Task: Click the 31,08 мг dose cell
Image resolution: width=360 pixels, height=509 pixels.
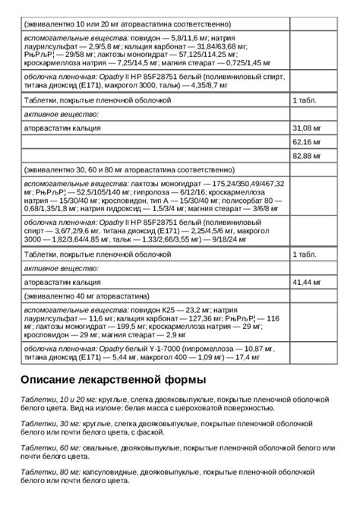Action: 305,127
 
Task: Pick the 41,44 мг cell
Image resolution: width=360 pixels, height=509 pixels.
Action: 305,282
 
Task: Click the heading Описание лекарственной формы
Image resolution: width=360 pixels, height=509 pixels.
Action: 113,378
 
